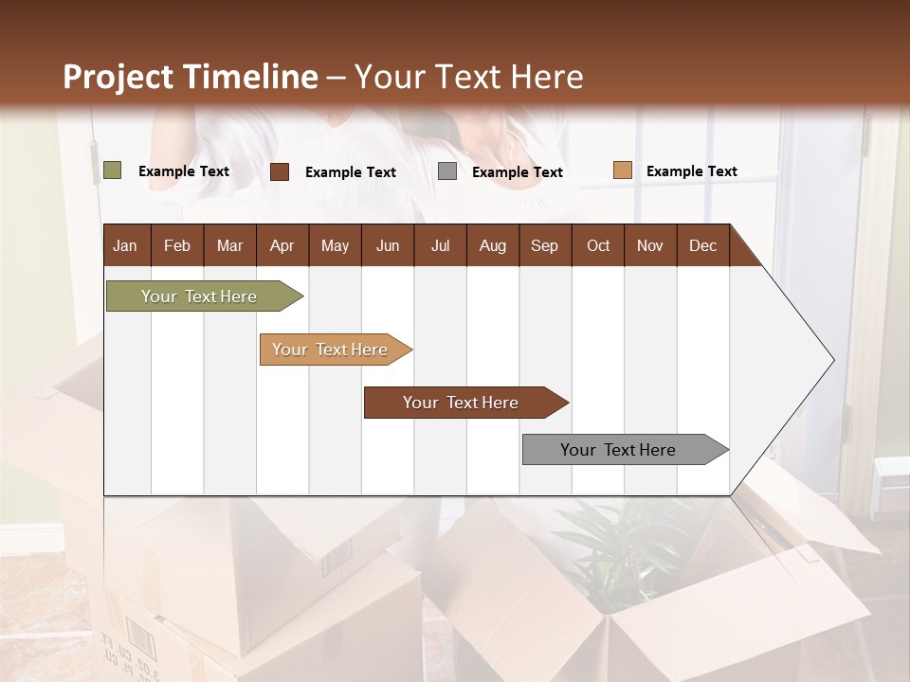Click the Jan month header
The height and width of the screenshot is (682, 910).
pyautogui.click(x=125, y=245)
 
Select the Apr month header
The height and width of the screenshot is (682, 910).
pyautogui.click(x=282, y=245)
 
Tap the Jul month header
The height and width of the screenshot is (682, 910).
pyautogui.click(x=440, y=245)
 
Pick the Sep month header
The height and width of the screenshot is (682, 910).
pyautogui.click(x=544, y=245)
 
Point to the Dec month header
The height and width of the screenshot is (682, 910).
pyautogui.click(x=702, y=245)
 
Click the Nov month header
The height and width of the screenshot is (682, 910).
pyautogui.click(x=649, y=245)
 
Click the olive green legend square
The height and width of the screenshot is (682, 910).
pyautogui.click(x=112, y=170)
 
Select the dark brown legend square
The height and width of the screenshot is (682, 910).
pyautogui.click(x=280, y=171)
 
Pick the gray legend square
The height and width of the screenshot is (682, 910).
pyautogui.click(x=447, y=171)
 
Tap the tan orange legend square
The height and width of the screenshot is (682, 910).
pyautogui.click(x=622, y=170)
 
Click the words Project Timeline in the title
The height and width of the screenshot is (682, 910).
pyautogui.click(x=190, y=77)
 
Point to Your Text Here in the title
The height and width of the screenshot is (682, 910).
pyautogui.click(x=469, y=77)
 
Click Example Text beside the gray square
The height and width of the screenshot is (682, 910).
pyautogui.click(x=517, y=172)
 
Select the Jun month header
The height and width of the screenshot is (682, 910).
pyautogui.click(x=387, y=245)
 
